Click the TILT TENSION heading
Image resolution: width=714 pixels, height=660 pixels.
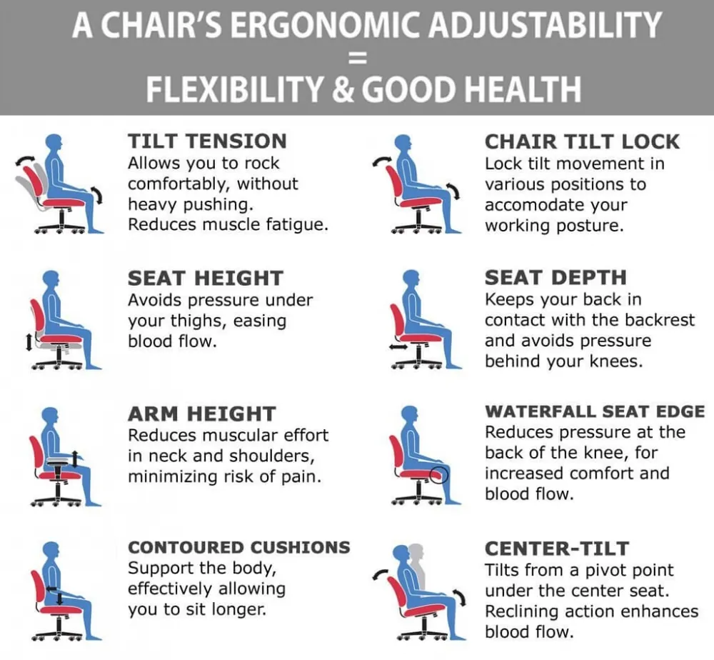tap(207, 141)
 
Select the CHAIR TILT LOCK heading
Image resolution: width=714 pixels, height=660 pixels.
tap(582, 141)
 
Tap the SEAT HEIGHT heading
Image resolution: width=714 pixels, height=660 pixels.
tap(206, 279)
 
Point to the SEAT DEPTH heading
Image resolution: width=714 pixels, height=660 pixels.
tap(555, 277)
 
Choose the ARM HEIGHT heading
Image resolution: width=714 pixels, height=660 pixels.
tap(202, 414)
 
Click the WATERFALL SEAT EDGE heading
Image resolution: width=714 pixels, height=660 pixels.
tap(595, 411)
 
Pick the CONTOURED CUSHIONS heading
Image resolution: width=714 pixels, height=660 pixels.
tap(239, 547)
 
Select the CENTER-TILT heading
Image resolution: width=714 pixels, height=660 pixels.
tap(557, 549)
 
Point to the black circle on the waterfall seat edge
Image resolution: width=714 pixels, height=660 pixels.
tap(439, 475)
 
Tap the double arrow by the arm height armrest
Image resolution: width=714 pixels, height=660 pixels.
tap(76, 459)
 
